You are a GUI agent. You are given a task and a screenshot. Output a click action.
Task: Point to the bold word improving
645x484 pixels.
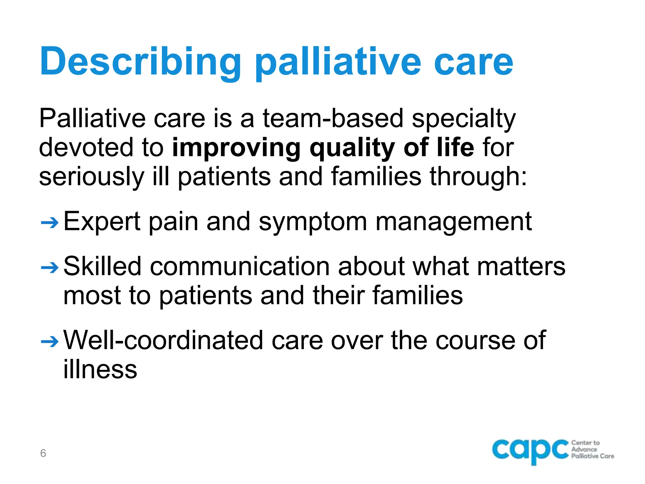[236, 148]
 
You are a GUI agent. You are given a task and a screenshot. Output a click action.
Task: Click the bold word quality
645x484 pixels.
[352, 148]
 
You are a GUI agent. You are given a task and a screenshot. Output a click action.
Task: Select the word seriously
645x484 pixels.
[91, 177]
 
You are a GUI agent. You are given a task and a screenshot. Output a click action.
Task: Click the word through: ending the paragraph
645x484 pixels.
[478, 177]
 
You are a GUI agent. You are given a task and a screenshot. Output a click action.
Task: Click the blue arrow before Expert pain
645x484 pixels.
[50, 223]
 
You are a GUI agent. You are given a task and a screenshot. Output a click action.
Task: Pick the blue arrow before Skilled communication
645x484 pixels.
[50, 268]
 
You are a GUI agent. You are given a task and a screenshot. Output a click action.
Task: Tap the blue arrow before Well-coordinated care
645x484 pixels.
[50, 342]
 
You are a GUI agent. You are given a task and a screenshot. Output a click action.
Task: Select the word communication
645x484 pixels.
[240, 267]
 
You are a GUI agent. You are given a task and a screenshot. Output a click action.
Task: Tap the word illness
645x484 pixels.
[100, 369]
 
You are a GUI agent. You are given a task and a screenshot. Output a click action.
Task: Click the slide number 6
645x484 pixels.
[43, 453]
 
